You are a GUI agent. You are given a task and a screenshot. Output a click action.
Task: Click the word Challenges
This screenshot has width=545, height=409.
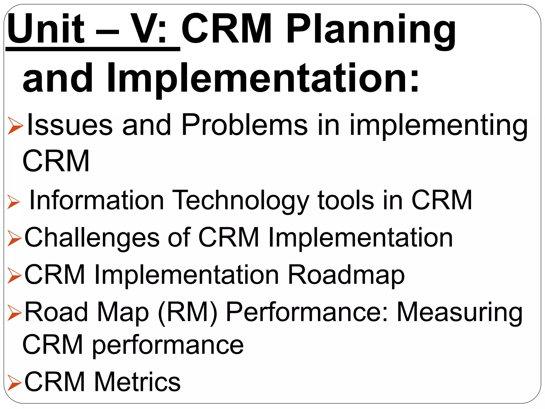(x=92, y=238)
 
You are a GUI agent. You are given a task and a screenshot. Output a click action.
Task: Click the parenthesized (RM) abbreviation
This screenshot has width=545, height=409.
(x=188, y=313)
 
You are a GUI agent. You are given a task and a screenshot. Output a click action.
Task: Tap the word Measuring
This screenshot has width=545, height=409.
(x=459, y=313)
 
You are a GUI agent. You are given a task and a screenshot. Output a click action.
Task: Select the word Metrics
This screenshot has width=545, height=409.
(x=137, y=382)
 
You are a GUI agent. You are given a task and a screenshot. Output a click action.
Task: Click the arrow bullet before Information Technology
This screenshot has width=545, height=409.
(x=14, y=202)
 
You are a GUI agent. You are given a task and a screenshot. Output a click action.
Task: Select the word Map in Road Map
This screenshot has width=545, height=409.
(x=123, y=313)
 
